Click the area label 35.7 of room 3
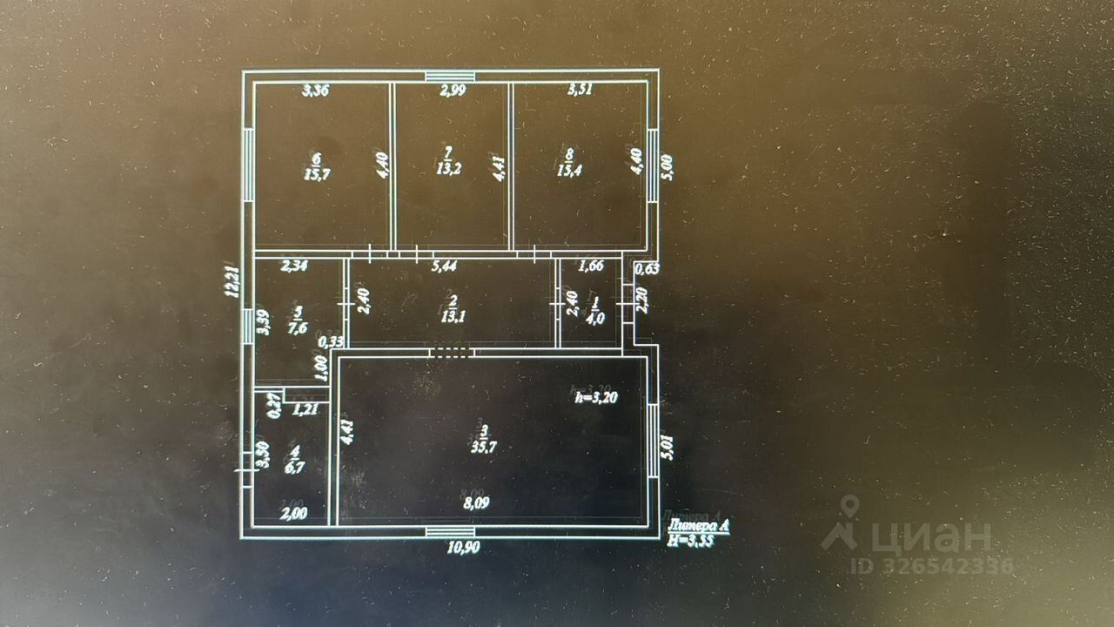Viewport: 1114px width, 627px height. point(484,448)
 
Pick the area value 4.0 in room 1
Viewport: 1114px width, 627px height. point(596,319)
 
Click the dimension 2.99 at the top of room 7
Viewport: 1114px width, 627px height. point(451,89)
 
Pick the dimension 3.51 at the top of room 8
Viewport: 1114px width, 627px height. point(580,89)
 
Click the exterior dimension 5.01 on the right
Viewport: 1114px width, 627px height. point(668,452)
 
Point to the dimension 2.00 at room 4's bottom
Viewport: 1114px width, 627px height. point(292,513)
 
